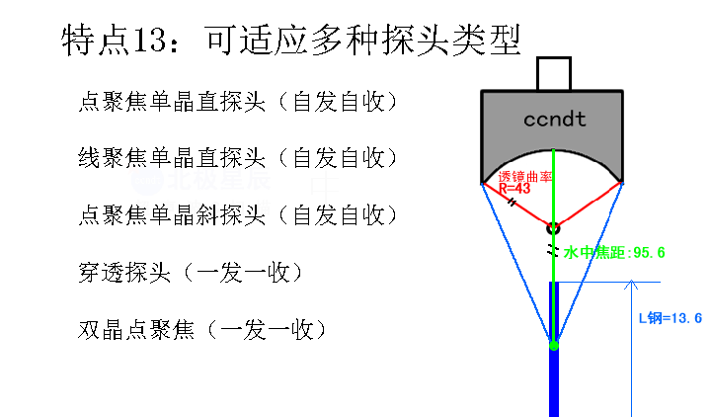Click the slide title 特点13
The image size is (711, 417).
[291, 40]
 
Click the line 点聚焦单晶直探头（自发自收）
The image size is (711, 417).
[239, 102]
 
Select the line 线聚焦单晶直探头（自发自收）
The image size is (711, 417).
[239, 158]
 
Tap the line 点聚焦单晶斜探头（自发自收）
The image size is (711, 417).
[239, 214]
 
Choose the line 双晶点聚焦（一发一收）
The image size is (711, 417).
[203, 329]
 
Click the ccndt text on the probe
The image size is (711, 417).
[555, 120]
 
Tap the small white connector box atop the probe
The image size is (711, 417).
[554, 73]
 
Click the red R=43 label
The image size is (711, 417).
[514, 189]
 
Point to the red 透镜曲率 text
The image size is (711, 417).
[525, 177]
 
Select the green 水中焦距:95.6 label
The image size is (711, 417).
[614, 252]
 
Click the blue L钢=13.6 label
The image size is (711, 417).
[671, 318]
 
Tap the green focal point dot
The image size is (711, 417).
[554, 346]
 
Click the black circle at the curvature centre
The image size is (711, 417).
[553, 228]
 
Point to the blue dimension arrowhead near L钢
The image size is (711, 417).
[631, 285]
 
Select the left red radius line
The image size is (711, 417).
[516, 206]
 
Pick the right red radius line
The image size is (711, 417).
[589, 205]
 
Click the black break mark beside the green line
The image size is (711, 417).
[551, 250]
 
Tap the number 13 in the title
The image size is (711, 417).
[149, 40]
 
